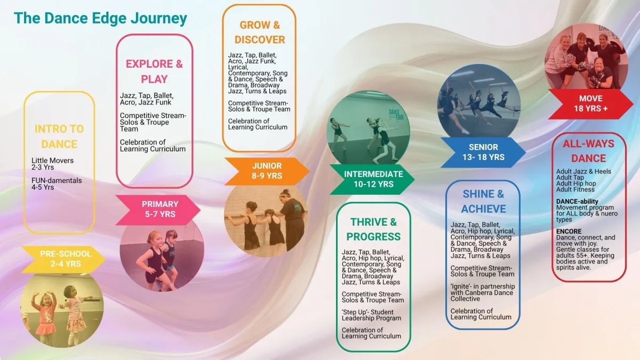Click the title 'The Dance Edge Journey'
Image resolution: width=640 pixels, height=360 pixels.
(100, 18)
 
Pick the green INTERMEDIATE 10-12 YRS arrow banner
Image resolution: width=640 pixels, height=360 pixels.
(372, 179)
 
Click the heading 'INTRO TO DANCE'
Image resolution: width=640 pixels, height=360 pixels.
(59, 137)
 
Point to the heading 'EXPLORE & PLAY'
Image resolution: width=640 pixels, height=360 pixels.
(154, 71)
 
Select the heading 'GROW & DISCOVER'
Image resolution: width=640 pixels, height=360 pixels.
(260, 32)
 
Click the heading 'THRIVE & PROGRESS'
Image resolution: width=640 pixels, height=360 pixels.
(373, 229)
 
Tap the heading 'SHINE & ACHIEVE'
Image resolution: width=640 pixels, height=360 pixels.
(483, 201)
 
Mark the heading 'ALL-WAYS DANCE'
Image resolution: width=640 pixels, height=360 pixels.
(588, 151)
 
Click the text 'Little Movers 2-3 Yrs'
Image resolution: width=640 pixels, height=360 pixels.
(52, 163)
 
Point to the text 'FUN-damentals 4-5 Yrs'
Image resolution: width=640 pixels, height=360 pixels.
(57, 184)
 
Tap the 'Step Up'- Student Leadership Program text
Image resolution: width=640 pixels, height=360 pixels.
(371, 315)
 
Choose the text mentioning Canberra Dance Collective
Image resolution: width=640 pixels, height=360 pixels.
(482, 292)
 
